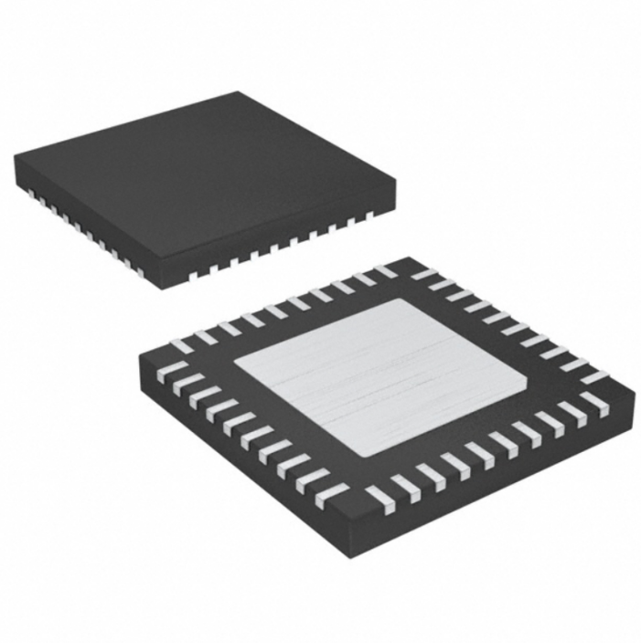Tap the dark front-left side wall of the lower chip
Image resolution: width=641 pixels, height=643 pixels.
238,457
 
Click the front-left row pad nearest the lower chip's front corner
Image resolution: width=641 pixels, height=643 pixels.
332,493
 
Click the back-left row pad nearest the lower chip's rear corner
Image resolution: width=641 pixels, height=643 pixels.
385,270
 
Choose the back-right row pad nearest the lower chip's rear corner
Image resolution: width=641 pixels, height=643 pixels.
422,271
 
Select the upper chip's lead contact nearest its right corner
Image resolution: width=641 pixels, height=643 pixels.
370,216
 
